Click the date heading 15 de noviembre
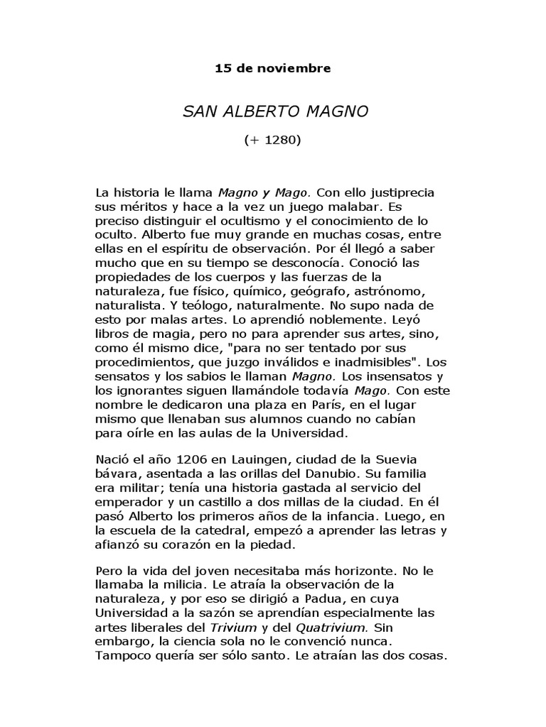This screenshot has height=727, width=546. tap(272, 69)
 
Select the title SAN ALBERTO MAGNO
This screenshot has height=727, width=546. tap(272, 112)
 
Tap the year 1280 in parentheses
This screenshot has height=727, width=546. tap(280, 140)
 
